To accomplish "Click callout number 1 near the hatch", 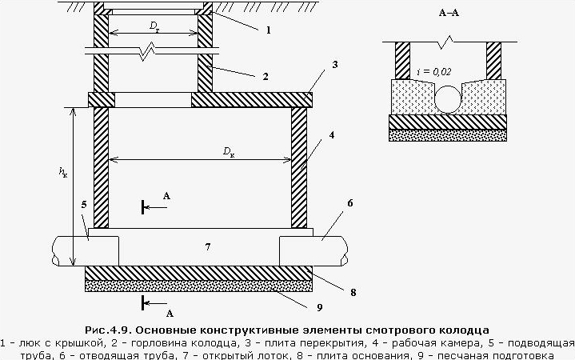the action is [269, 30].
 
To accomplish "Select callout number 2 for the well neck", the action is [266, 76].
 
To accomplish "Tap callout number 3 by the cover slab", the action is [334, 65].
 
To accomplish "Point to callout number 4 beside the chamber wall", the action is [332, 135].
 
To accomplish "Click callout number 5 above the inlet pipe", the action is [84, 205].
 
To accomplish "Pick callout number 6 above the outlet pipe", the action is [349, 203].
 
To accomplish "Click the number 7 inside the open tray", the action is [208, 247].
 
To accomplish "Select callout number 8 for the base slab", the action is [353, 293].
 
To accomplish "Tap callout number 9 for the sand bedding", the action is [319, 307].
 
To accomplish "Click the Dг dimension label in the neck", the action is [154, 26].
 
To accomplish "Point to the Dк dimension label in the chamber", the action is [229, 152].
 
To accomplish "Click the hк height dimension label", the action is [63, 172].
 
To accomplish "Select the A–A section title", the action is [449, 13].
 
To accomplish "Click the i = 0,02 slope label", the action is [434, 72].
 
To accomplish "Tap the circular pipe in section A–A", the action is [448, 99].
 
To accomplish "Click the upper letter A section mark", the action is [166, 196].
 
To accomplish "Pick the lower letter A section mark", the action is [170, 314].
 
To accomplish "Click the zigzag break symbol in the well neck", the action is [148, 51].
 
